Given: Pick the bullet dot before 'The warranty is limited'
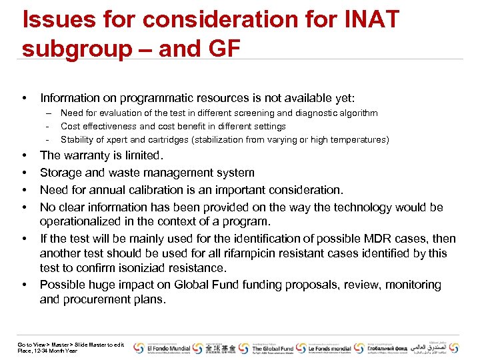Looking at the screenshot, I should (25, 156).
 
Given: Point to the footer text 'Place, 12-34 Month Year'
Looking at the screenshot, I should (47, 351).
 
